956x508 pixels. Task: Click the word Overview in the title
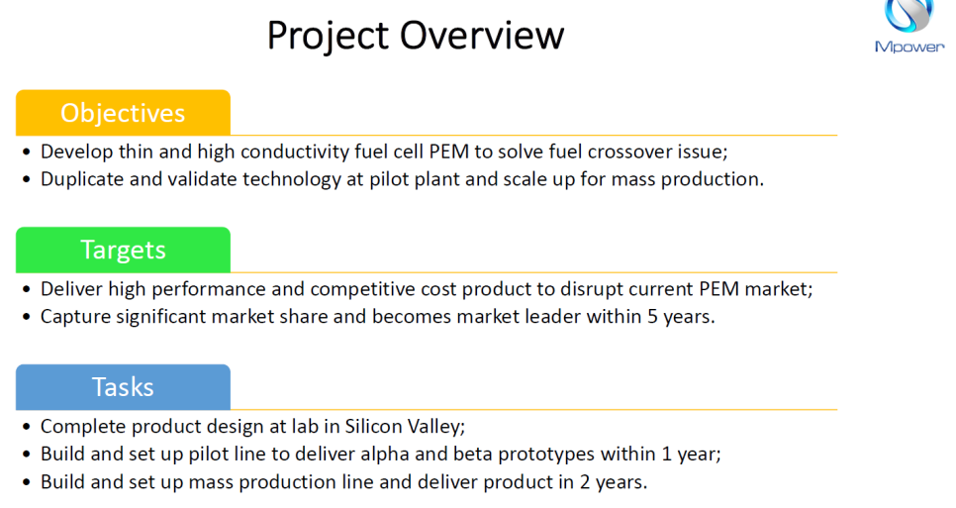tap(482, 35)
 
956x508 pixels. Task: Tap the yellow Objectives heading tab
tap(123, 113)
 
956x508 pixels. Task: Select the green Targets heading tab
tap(123, 250)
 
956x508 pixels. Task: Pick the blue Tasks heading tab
tap(123, 387)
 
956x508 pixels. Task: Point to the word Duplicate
tap(82, 179)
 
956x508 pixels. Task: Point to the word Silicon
tap(370, 426)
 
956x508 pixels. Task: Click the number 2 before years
tap(585, 482)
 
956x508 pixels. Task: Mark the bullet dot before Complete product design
tap(26, 427)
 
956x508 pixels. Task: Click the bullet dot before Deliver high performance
tap(26, 290)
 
